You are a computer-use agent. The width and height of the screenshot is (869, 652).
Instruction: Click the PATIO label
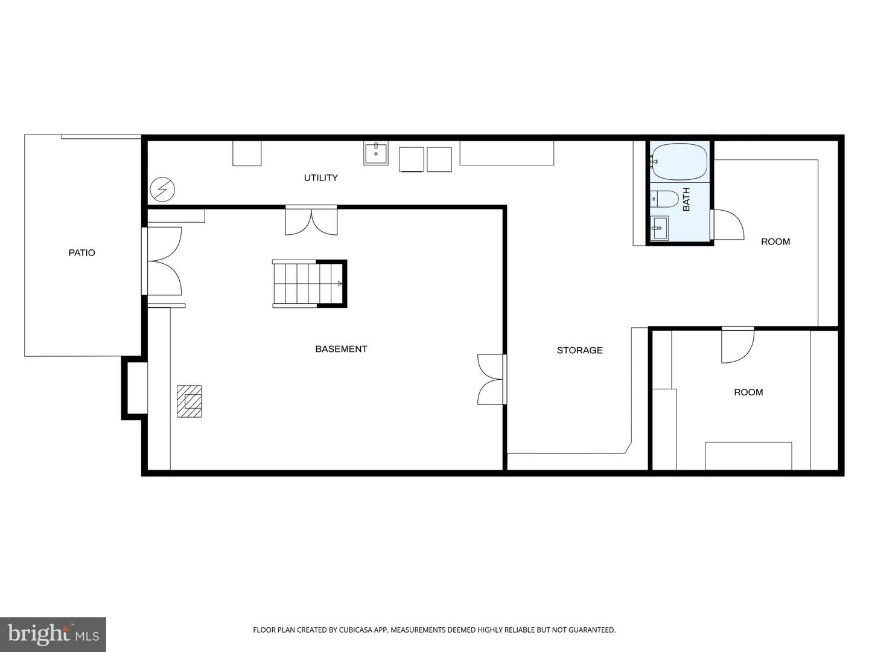click(81, 253)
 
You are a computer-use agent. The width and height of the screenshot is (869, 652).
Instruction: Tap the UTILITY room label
click(320, 177)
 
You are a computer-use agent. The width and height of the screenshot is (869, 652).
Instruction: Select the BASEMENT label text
click(341, 349)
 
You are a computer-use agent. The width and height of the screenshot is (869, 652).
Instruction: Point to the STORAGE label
click(579, 350)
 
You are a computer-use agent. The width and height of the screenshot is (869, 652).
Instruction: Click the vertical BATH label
click(686, 199)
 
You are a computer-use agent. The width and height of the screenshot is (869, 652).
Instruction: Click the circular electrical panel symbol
click(162, 190)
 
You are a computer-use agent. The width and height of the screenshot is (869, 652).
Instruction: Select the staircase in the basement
click(308, 284)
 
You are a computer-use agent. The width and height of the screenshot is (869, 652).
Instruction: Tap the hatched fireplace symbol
click(189, 401)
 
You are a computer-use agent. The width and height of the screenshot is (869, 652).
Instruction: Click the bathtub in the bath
click(680, 161)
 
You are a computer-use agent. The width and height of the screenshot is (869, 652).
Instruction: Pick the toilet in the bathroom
click(665, 198)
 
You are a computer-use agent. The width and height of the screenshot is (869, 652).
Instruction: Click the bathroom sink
click(660, 228)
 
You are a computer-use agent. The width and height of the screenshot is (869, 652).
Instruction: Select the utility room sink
click(376, 153)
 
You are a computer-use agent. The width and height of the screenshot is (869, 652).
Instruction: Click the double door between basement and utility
click(311, 221)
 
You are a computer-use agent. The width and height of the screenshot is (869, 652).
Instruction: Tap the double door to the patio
click(163, 261)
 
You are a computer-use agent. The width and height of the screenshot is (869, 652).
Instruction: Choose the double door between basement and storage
click(491, 379)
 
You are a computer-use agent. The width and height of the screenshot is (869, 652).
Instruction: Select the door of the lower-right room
click(737, 345)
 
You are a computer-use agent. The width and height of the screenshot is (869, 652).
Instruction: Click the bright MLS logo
click(53, 634)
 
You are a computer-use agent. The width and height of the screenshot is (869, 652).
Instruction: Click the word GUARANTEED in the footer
click(591, 630)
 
